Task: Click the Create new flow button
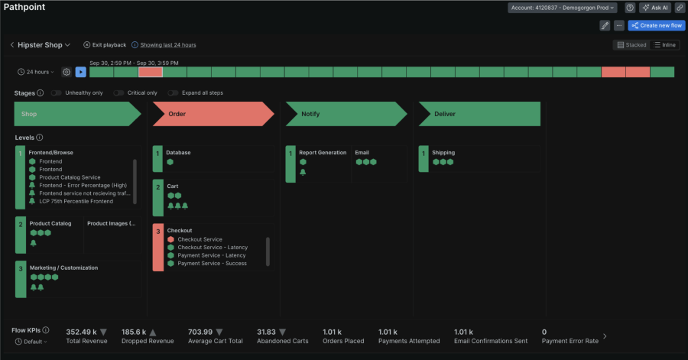click(x=656, y=25)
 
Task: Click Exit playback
click(x=105, y=45)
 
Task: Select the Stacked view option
click(x=631, y=45)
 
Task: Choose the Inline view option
click(x=664, y=45)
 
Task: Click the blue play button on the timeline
click(x=80, y=72)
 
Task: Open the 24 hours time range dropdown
click(x=37, y=72)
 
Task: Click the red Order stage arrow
click(x=213, y=114)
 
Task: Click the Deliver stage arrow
click(x=479, y=114)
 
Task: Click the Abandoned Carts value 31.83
click(x=266, y=332)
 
